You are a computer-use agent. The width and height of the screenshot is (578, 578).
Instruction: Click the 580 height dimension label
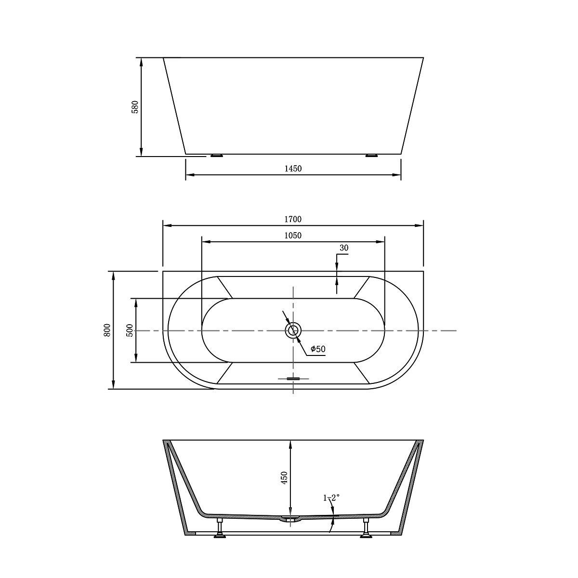[x=135, y=106]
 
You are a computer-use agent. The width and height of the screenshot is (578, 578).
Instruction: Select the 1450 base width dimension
[x=293, y=168]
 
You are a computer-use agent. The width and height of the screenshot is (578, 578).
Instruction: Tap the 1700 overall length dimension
[x=293, y=219]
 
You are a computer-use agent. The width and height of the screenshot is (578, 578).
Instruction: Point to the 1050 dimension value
[x=293, y=236]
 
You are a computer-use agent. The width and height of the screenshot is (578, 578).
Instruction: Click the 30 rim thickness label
[x=343, y=249]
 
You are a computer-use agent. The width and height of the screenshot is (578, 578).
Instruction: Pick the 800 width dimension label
[x=107, y=330]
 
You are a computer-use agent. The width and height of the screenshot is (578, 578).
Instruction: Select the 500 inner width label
[x=130, y=330]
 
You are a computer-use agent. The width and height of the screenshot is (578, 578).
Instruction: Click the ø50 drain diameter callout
[x=318, y=349]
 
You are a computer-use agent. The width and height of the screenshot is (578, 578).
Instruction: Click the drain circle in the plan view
[x=293, y=330]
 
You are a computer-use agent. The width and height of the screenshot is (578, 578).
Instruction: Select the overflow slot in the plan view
[x=293, y=379]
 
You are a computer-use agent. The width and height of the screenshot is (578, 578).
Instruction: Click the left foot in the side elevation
[x=217, y=156]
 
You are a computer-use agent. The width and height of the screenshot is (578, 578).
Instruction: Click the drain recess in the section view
[x=291, y=519]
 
